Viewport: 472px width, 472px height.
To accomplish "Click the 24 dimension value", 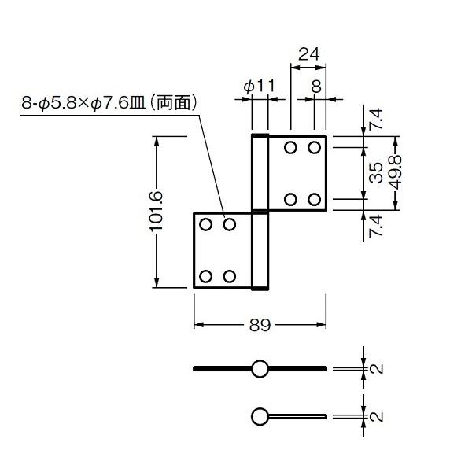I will (x=309, y=54).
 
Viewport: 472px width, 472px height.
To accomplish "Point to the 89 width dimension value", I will (x=260, y=324).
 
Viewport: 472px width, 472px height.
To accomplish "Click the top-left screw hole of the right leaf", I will (x=290, y=147).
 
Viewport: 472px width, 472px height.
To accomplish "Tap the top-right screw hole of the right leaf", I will (x=314, y=147).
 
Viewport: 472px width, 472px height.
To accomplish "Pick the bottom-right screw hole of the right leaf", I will (x=314, y=199).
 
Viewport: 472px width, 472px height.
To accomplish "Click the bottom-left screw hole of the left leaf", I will (x=206, y=276).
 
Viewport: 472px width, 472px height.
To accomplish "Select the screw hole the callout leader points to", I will (x=230, y=225).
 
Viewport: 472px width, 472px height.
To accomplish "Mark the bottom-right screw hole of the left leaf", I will (x=230, y=276).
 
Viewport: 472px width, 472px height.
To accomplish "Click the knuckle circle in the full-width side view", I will (x=260, y=367).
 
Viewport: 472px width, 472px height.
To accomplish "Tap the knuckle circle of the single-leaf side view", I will (x=260, y=415).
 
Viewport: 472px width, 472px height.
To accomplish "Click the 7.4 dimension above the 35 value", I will (x=376, y=120).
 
